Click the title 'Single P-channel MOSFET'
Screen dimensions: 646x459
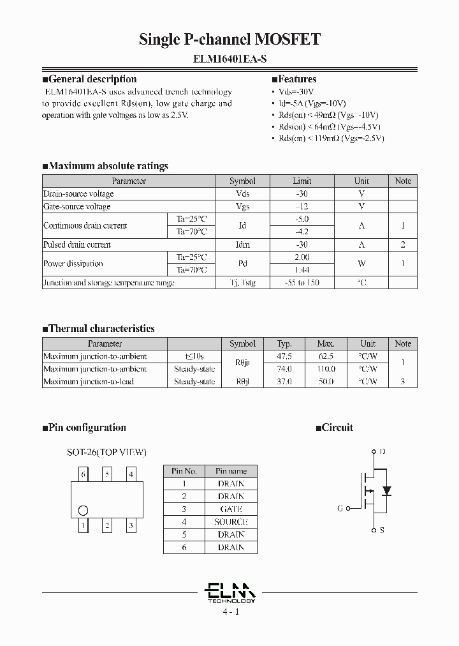229,40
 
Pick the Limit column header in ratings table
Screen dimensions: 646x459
302,181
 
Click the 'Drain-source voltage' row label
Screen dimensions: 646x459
78,194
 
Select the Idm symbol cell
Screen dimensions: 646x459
242,245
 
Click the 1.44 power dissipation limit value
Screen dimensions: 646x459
302,270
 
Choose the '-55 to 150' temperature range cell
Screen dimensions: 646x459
302,283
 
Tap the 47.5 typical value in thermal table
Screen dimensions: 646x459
284,356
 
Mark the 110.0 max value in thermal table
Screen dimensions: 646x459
326,369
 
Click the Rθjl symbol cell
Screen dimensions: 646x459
242,382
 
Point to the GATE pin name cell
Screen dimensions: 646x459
231,509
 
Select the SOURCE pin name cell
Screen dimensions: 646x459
231,522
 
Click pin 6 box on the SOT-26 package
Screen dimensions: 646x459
83,474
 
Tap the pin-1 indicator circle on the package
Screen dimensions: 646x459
83,510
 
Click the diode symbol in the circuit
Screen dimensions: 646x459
386,491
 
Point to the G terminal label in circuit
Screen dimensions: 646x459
340,509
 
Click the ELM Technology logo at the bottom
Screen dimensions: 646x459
231,593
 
